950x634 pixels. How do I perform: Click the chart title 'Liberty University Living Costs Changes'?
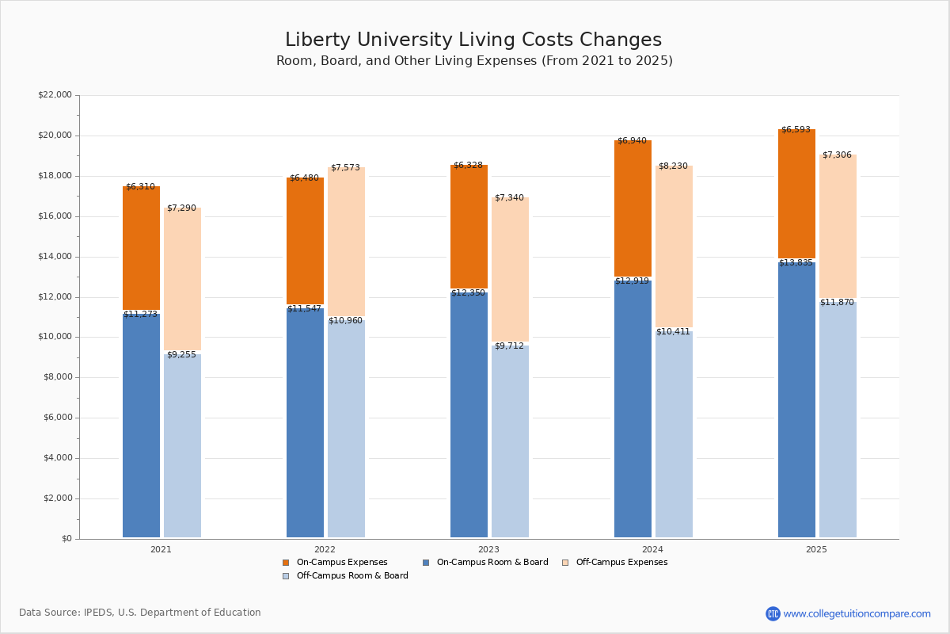[x=473, y=40]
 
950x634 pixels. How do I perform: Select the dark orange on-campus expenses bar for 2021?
[x=141, y=248]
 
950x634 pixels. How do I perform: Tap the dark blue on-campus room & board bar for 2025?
[x=796, y=400]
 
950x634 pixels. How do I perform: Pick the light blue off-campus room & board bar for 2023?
[x=510, y=441]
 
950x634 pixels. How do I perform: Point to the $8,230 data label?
[x=673, y=166]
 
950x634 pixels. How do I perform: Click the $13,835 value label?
[x=796, y=263]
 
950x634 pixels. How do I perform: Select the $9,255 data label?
[x=181, y=355]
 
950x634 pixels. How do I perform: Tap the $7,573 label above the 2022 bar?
[x=345, y=168]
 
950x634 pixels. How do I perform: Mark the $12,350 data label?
[x=468, y=293]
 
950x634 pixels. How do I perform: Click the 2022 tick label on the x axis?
[x=325, y=549]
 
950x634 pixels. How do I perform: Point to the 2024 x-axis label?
[x=652, y=549]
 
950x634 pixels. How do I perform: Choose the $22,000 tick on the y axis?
[x=55, y=95]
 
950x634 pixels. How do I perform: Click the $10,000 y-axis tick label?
[x=55, y=337]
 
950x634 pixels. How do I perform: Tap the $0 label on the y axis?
[x=66, y=539]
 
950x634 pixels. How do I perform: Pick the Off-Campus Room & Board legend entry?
[x=351, y=576]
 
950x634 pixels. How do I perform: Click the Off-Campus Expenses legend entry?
[x=621, y=563]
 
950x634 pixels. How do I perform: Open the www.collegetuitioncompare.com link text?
[x=857, y=613]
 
